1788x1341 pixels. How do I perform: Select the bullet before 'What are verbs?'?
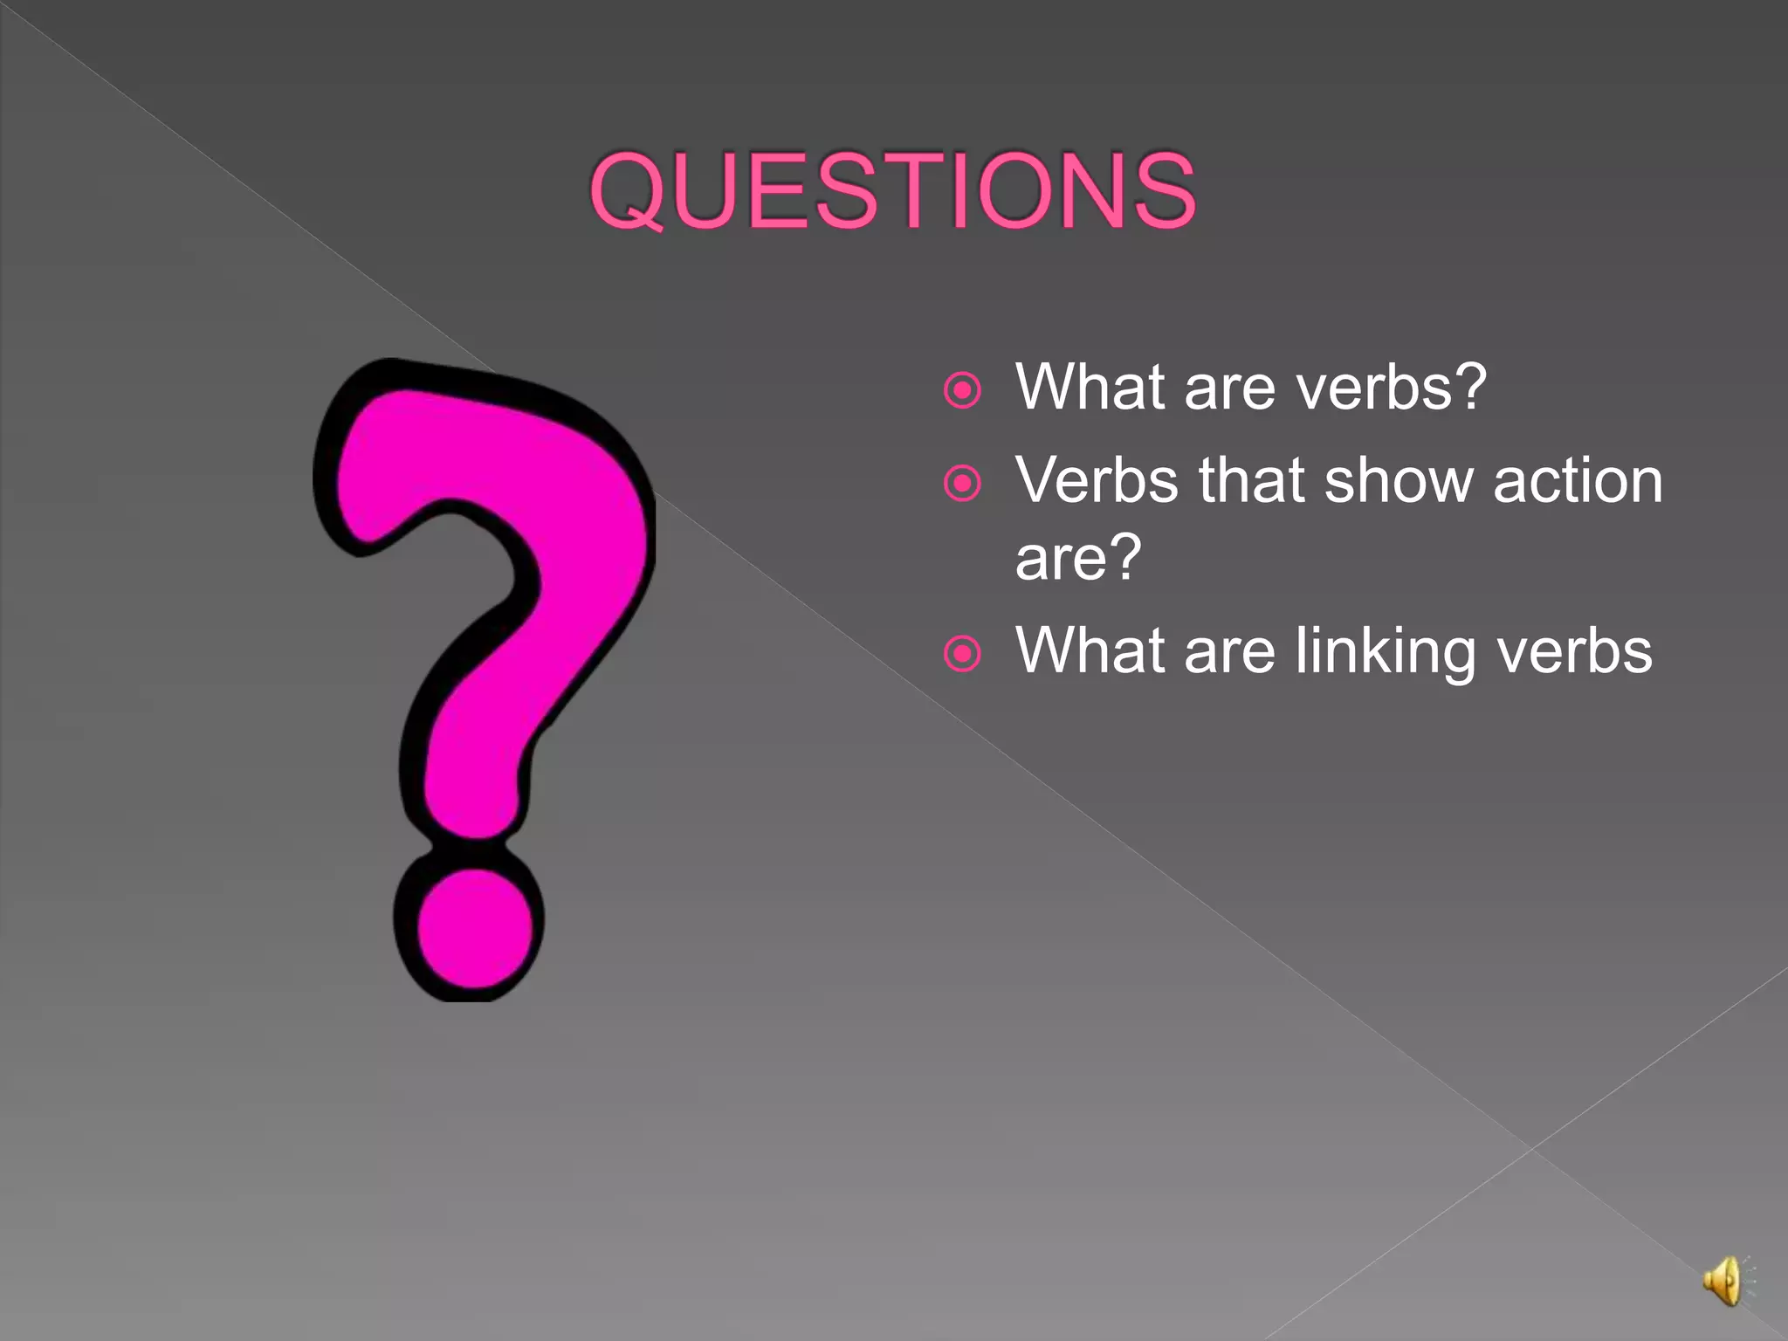click(962, 390)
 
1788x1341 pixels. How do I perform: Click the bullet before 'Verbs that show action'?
click(962, 483)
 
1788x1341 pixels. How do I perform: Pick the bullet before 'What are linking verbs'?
click(962, 653)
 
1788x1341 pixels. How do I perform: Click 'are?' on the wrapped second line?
click(1078, 557)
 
